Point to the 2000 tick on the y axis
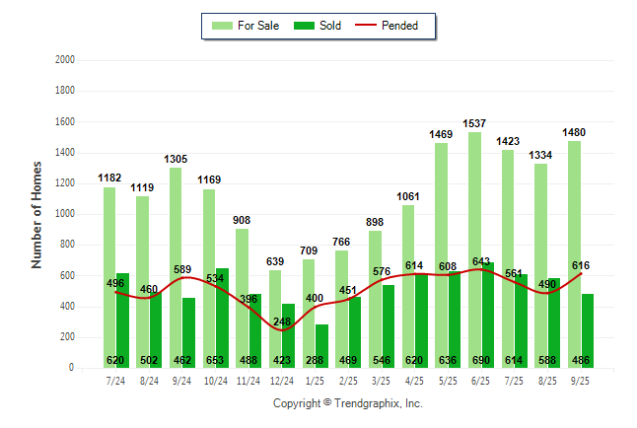point(66,60)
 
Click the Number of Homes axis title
point(36,214)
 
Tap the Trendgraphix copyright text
point(347,403)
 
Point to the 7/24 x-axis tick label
point(115,380)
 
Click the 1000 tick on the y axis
point(66,214)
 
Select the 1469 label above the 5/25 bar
point(442,134)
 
